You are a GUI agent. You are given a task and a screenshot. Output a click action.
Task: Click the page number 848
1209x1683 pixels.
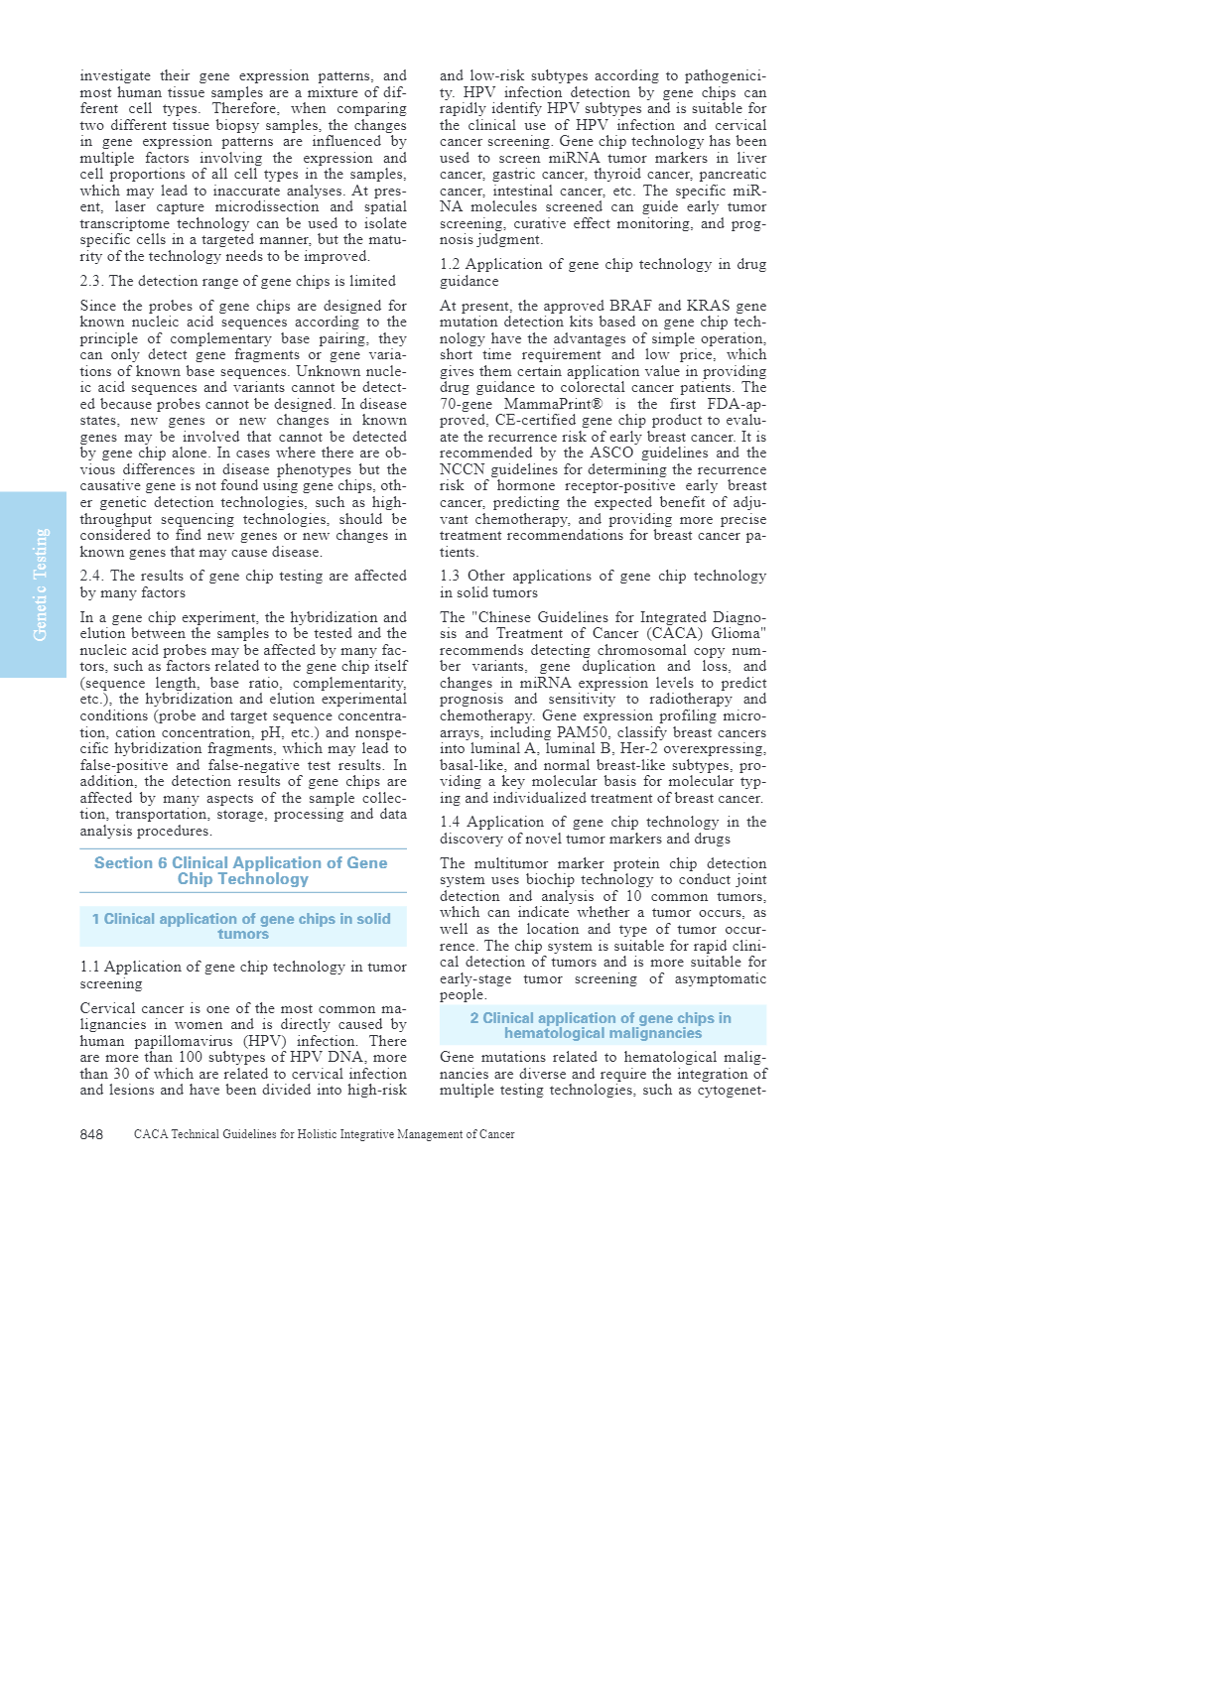point(91,1134)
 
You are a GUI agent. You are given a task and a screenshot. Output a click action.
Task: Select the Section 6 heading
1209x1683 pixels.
point(241,870)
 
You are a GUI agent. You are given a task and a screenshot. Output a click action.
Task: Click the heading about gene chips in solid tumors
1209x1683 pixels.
point(241,926)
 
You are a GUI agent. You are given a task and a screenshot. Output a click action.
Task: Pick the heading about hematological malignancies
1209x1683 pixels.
point(603,1025)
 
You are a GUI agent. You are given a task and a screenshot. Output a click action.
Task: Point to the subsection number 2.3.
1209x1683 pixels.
point(91,281)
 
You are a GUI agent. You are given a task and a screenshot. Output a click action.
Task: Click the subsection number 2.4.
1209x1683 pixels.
point(91,576)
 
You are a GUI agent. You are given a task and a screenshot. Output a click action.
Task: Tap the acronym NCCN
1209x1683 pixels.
point(462,469)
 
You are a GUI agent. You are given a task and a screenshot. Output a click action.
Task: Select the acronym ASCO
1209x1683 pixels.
point(611,453)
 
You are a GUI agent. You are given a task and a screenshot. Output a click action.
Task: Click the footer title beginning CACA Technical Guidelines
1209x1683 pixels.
point(324,1134)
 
